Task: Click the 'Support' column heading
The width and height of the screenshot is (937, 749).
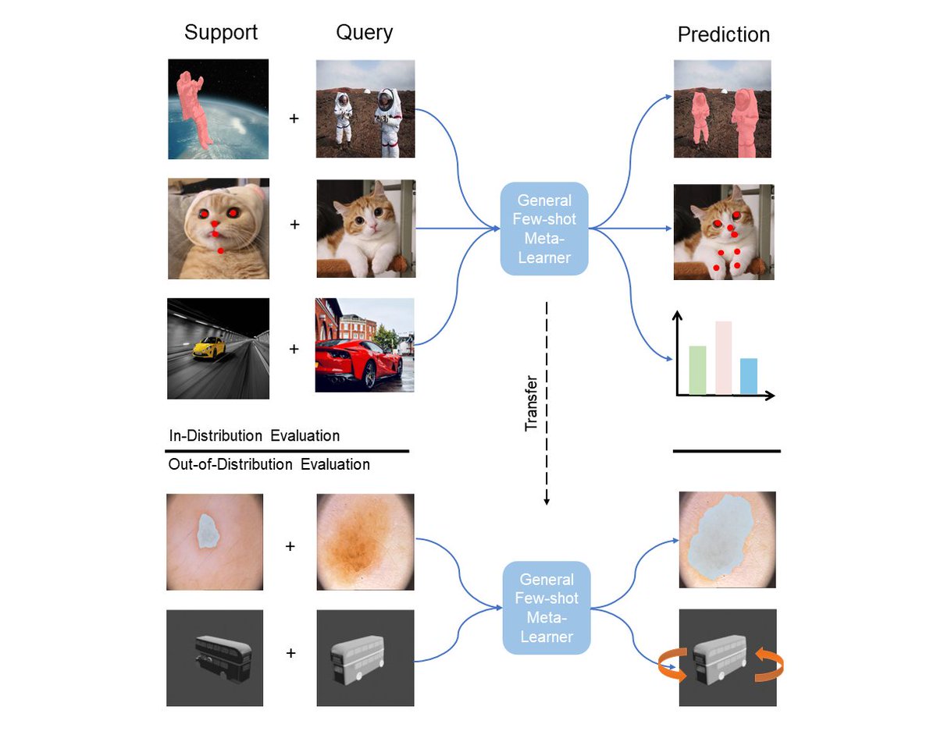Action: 220,33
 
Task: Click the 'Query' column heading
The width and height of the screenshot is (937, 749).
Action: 364,33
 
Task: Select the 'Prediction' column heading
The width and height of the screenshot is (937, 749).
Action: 723,35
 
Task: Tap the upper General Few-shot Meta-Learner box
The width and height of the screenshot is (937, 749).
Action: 544,228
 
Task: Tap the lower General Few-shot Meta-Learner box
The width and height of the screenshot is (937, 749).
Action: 546,608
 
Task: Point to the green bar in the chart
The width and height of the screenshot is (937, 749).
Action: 697,370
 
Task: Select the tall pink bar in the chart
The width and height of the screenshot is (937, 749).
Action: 723,357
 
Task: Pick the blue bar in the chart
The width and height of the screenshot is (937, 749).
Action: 748,376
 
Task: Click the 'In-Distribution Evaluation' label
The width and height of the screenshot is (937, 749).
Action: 254,435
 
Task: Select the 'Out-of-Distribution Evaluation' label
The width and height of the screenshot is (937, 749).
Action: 269,465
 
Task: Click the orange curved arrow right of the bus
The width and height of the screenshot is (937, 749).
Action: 768,666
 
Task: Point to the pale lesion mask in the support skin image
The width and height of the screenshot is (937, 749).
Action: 208,531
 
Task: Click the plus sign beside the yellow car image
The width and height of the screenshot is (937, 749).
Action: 294,349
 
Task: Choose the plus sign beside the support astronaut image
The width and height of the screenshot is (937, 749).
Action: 294,120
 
